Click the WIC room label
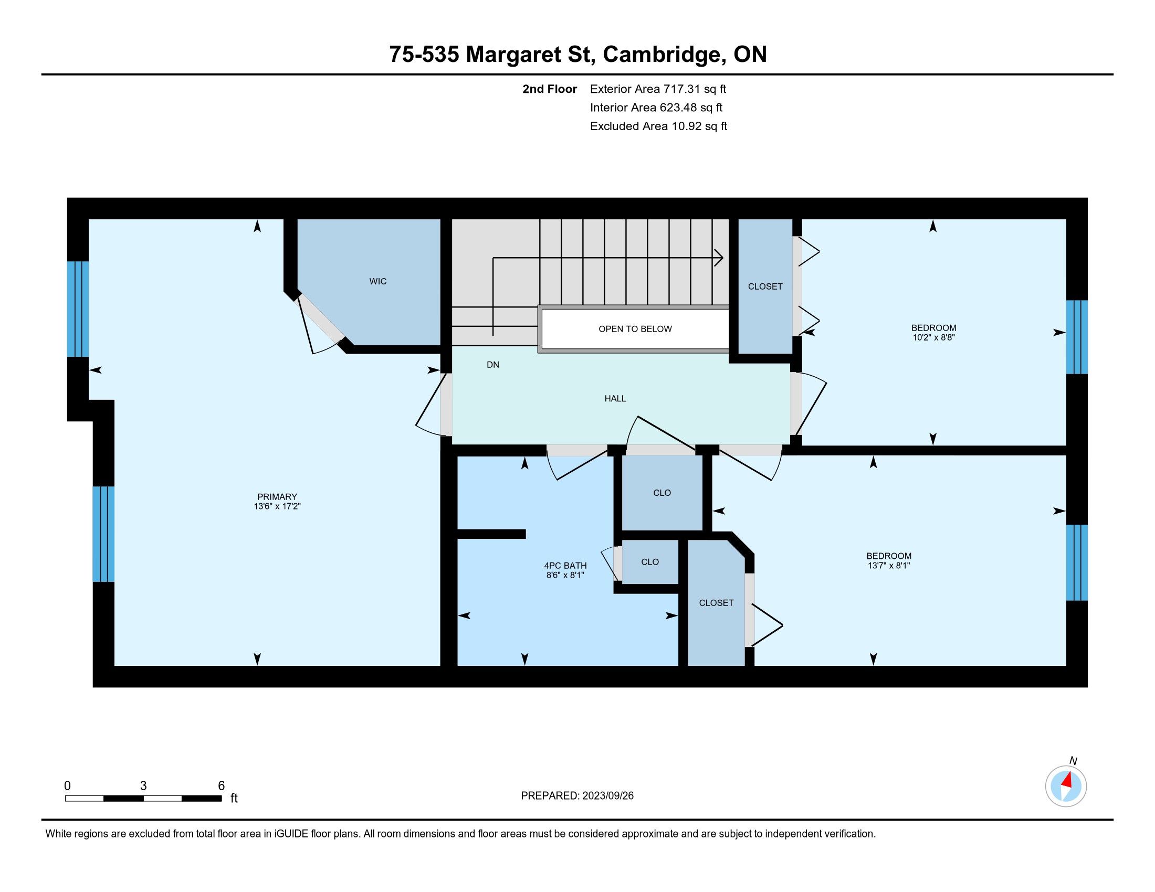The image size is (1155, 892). [377, 282]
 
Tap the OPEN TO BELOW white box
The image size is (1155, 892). [635, 328]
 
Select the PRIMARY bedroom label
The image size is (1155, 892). [277, 497]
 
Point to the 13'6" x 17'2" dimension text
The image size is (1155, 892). [277, 506]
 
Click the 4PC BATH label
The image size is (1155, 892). [565, 566]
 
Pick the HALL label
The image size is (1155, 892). [615, 398]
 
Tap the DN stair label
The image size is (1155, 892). [493, 365]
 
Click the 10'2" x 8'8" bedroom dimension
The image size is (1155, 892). [933, 337]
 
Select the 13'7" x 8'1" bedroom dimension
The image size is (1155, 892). [888, 566]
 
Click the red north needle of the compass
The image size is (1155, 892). [1068, 779]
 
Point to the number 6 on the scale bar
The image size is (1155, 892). [222, 785]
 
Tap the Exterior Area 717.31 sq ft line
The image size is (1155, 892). [658, 89]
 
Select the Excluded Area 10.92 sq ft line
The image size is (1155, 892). [659, 126]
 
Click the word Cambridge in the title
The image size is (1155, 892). [664, 55]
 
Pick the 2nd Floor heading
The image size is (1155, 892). [550, 89]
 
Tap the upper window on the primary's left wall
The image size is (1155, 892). [78, 309]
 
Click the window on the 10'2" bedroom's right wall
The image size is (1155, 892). [1077, 337]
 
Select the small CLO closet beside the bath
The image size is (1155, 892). [650, 562]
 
